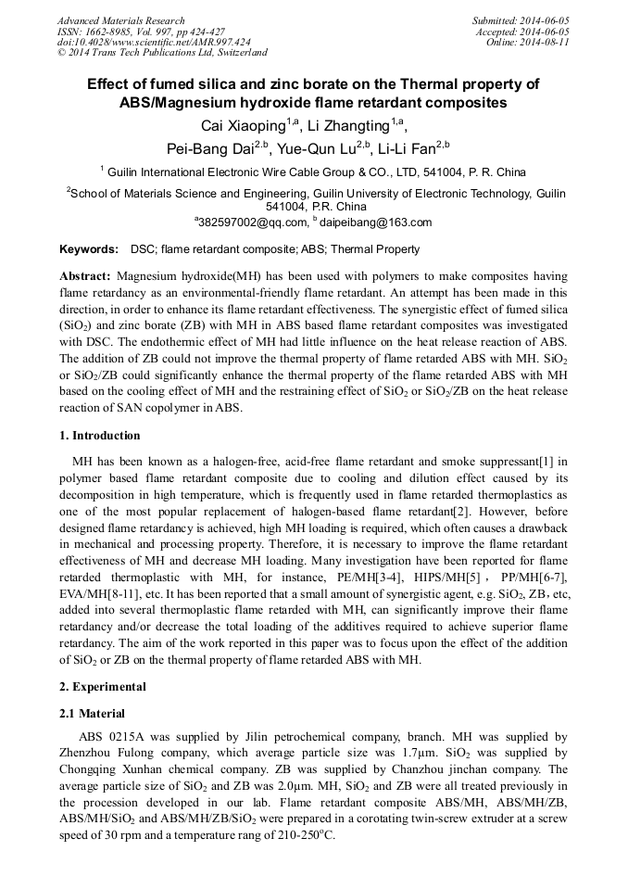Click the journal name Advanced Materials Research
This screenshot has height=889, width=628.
[x=120, y=20]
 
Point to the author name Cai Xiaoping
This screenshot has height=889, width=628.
[x=245, y=125]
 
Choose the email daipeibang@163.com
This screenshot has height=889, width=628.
[x=375, y=222]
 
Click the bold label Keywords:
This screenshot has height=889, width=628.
[x=89, y=249]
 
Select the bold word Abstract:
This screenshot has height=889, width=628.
[x=85, y=276]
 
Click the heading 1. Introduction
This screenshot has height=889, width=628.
[x=100, y=436]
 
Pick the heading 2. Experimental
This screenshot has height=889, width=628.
[x=102, y=687]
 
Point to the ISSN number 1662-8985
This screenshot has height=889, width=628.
[x=111, y=32]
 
